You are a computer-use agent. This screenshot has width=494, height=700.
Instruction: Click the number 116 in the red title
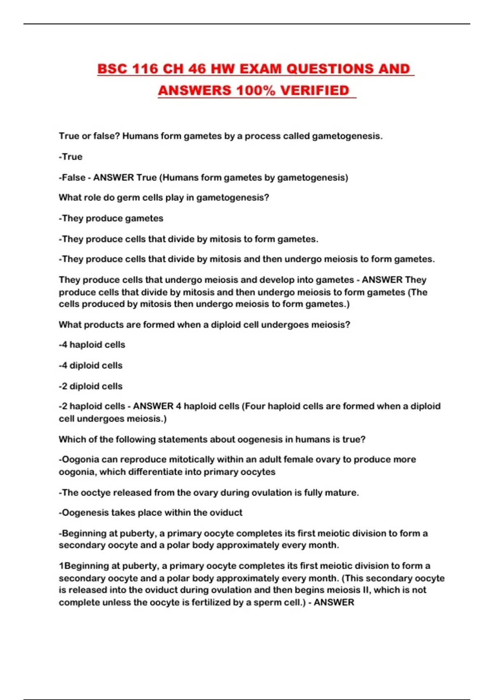145,69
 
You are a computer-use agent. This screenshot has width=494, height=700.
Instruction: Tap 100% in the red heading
256,91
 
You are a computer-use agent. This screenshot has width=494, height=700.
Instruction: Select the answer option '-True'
71,157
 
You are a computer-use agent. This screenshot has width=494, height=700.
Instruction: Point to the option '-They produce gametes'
111,218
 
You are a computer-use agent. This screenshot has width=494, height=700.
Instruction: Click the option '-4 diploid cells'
91,366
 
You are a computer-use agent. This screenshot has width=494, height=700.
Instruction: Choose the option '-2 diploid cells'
91,386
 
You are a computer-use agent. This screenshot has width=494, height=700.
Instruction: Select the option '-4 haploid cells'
92,345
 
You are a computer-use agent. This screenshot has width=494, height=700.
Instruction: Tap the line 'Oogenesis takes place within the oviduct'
151,513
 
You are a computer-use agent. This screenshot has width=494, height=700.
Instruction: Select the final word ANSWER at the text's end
334,602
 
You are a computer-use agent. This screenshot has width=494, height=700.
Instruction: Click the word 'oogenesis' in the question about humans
260,439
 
